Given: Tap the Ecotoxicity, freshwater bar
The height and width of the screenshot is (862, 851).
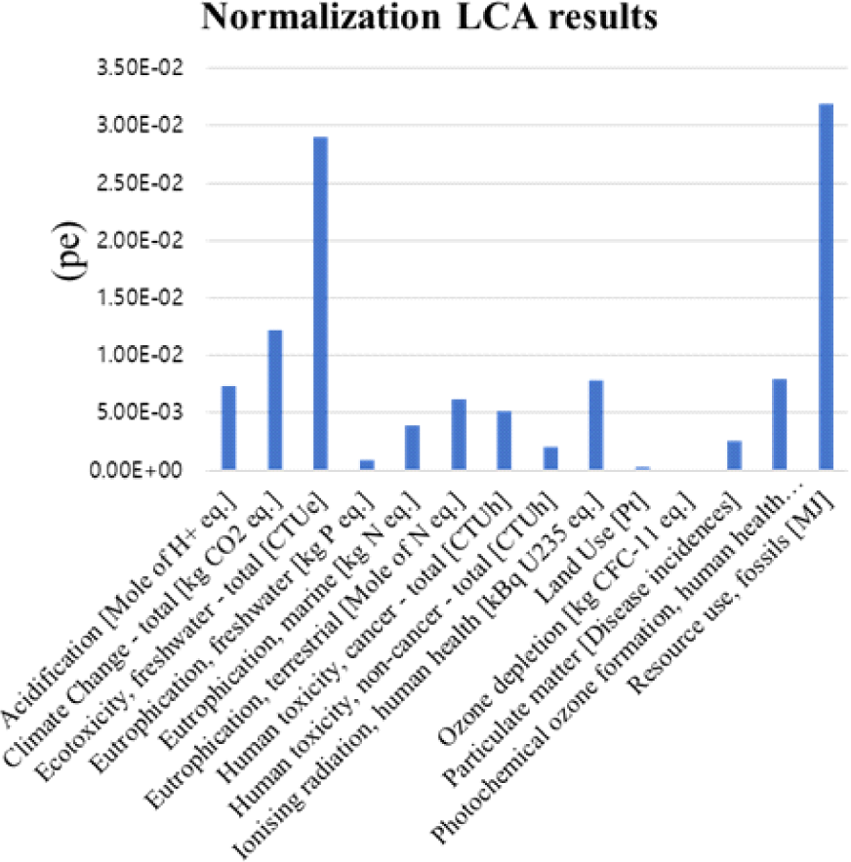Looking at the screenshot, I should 320,303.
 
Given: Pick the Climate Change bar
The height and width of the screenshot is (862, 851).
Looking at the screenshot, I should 274,400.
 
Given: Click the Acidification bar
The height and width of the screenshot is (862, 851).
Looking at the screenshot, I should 228,428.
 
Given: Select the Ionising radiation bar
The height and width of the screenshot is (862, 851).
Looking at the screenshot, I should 595,425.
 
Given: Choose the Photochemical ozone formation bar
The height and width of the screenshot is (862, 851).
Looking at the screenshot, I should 780,424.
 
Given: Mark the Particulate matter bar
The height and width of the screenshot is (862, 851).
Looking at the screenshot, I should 734,455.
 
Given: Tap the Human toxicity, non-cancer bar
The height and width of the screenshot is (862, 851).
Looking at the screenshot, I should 550,458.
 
